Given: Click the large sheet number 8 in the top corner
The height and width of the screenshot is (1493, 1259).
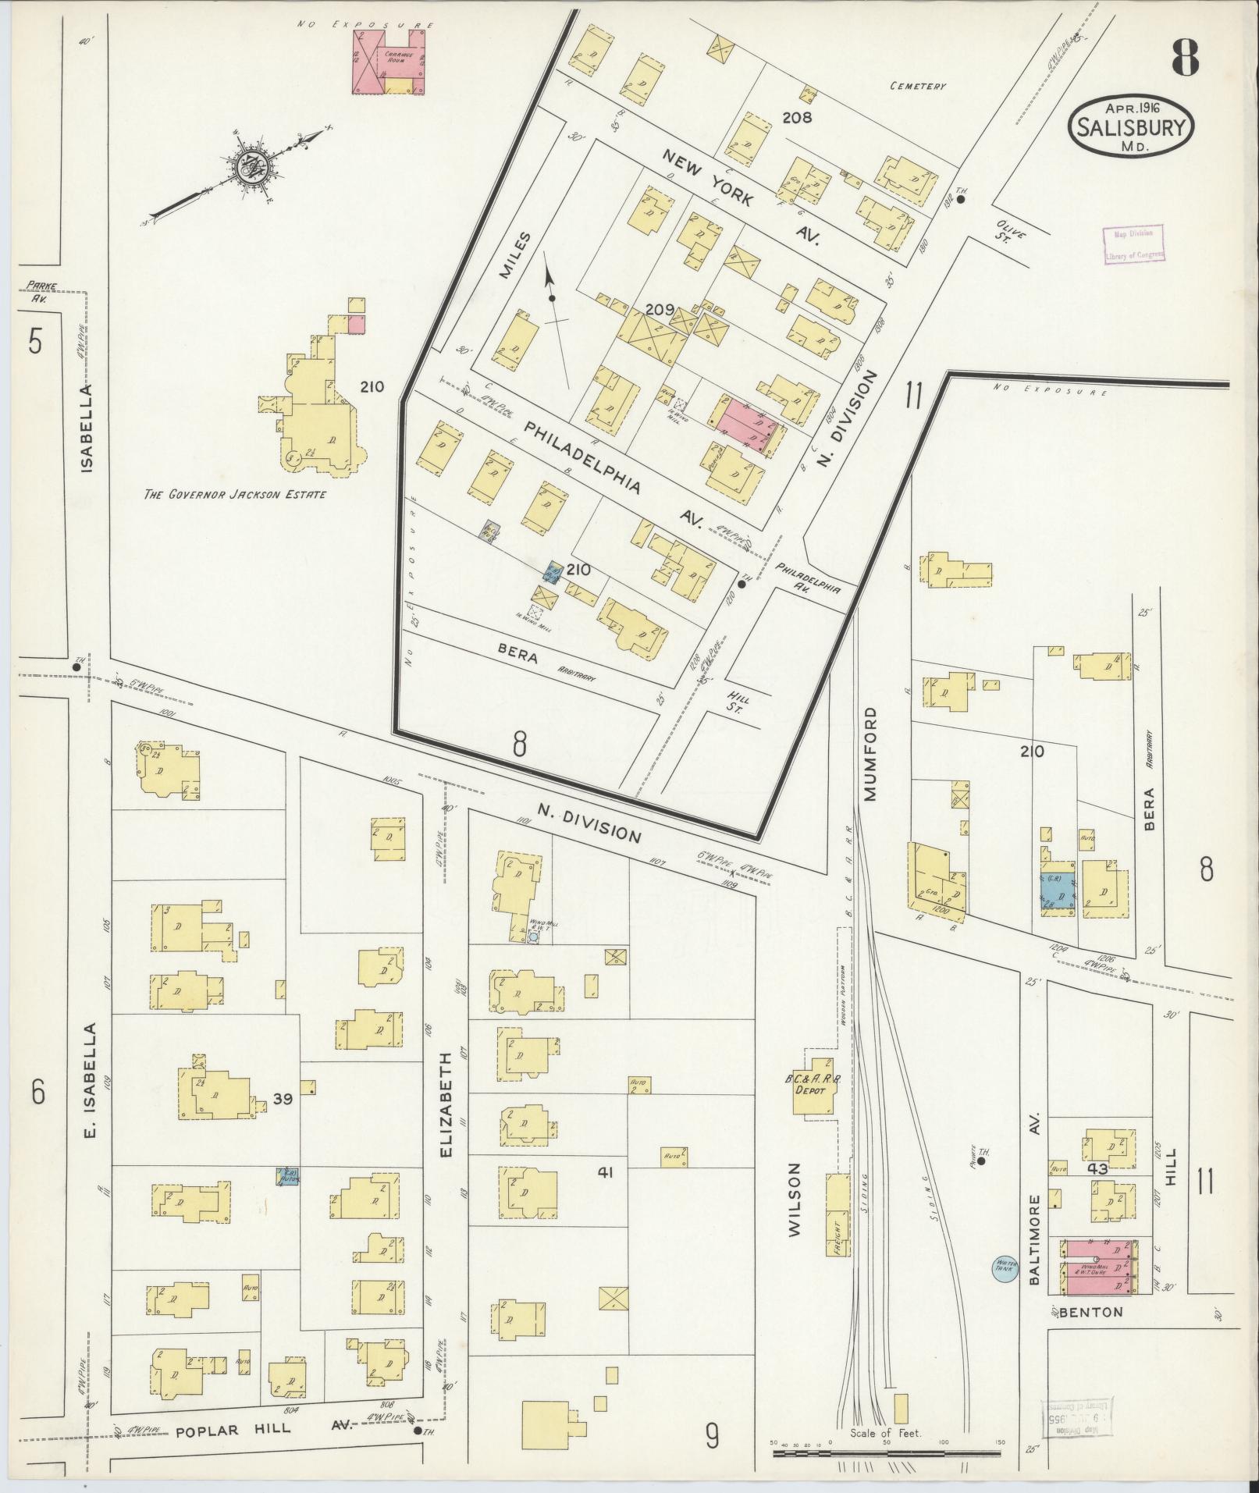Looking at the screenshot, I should (x=1184, y=56).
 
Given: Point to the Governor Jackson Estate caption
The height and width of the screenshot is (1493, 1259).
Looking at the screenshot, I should (x=234, y=494).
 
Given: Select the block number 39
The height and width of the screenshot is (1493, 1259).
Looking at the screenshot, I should (x=283, y=1099).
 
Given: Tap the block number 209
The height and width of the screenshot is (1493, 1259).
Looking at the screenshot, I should (x=660, y=310).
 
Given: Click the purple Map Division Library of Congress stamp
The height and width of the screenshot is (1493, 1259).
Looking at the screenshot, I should (x=1133, y=243).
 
